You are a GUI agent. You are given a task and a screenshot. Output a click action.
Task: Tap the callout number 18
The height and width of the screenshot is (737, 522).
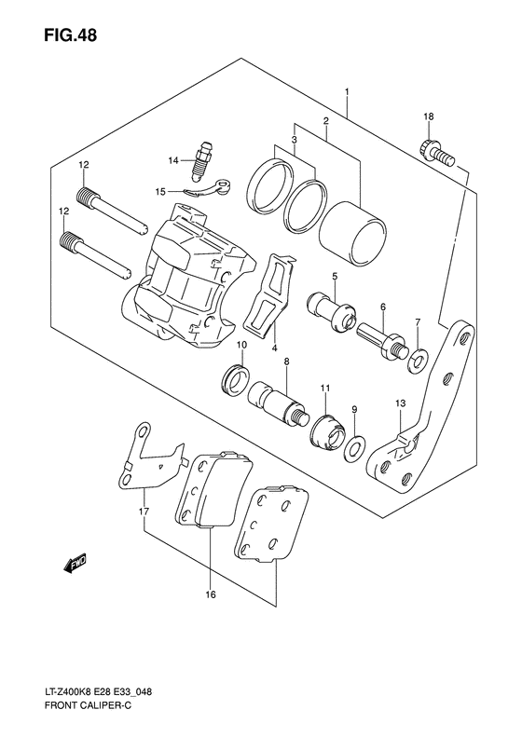[428, 116]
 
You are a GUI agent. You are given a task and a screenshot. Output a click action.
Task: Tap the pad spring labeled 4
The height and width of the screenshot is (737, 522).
[269, 294]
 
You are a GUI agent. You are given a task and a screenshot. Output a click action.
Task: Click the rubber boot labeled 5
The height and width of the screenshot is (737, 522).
[331, 310]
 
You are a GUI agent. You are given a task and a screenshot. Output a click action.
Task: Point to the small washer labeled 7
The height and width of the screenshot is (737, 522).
[419, 355]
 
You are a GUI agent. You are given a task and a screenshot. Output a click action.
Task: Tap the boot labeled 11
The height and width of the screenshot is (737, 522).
[326, 431]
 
